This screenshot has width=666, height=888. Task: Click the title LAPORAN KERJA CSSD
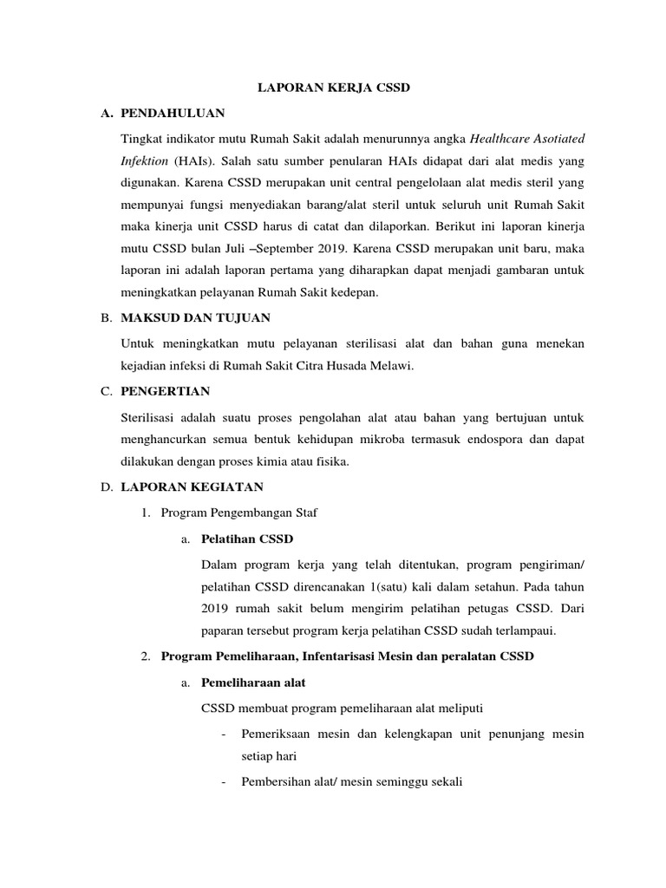[332, 88]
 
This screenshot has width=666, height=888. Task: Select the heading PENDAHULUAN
[173, 114]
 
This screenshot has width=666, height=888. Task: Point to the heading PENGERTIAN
[166, 391]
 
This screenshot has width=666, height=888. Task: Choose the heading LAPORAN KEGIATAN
[193, 487]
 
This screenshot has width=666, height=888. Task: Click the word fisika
[331, 462]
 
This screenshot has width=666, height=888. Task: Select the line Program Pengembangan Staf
[239, 513]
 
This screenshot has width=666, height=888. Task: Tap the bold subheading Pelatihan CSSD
[247, 539]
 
